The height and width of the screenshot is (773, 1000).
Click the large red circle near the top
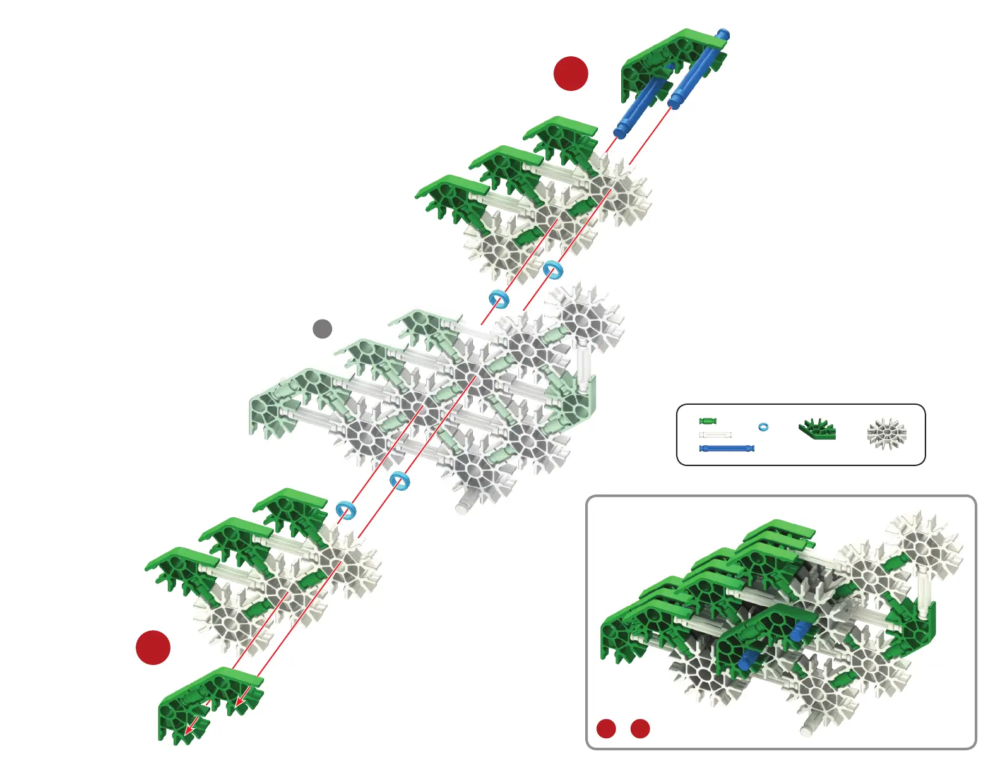[571, 73]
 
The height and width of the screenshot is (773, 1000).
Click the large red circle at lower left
[153, 647]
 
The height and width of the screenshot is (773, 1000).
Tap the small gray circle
[323, 328]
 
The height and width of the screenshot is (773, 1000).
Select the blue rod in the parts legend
[727, 448]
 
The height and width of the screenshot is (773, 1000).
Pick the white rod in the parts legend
[716, 434]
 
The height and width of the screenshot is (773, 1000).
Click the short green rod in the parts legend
[708, 421]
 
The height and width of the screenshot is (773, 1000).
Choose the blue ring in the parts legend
[763, 427]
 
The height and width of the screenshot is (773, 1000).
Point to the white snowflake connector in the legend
[887, 434]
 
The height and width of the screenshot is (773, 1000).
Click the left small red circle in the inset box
[606, 728]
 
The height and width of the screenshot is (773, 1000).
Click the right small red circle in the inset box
[640, 728]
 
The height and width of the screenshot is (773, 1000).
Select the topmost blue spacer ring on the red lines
[552, 270]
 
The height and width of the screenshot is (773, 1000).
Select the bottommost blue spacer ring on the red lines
[346, 509]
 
